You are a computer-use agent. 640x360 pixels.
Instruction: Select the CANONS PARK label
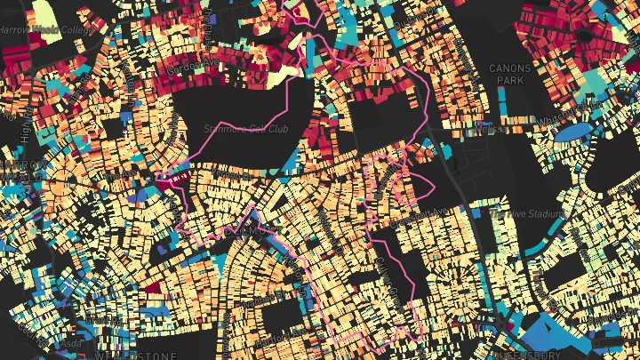509,74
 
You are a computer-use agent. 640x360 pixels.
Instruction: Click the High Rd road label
26,133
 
